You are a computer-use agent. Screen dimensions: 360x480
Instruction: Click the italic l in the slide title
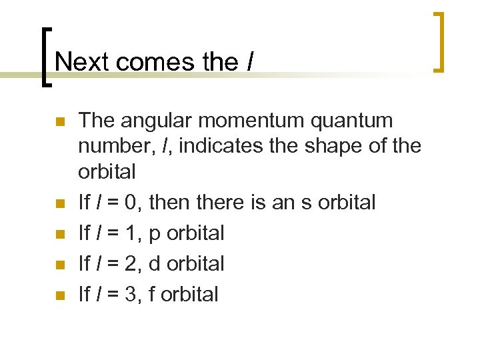(x=249, y=61)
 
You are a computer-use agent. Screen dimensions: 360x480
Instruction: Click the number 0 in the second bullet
(x=137, y=202)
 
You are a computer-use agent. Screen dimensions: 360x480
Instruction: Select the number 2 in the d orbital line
(x=137, y=263)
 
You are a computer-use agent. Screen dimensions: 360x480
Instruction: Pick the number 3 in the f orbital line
(x=137, y=294)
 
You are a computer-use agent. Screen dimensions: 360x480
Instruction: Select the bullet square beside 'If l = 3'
(x=59, y=295)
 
